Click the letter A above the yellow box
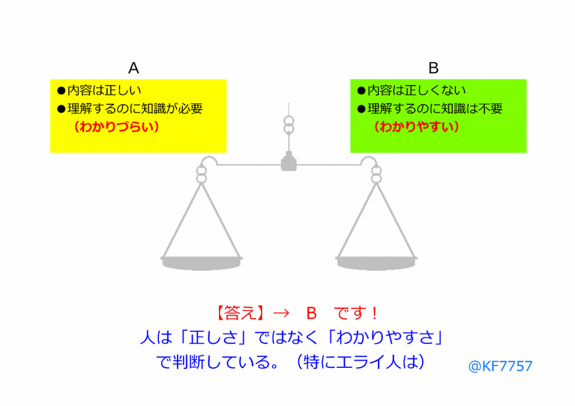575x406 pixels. pyautogui.click(x=134, y=68)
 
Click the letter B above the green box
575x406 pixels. pyautogui.click(x=433, y=68)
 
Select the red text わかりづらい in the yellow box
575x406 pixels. pyautogui.click(x=116, y=127)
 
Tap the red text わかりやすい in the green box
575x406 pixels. pyautogui.click(x=417, y=127)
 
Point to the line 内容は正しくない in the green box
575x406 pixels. pyautogui.click(x=412, y=90)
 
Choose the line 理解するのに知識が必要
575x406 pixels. pyautogui.click(x=130, y=109)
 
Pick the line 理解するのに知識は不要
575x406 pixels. pyautogui.click(x=430, y=109)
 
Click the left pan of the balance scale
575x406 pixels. pyautogui.click(x=202, y=261)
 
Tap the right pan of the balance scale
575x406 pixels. pyautogui.click(x=377, y=261)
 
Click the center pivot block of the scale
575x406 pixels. pyautogui.click(x=289, y=163)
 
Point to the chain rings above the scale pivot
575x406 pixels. pyautogui.click(x=289, y=125)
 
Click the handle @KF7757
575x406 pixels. pyautogui.click(x=500, y=366)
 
